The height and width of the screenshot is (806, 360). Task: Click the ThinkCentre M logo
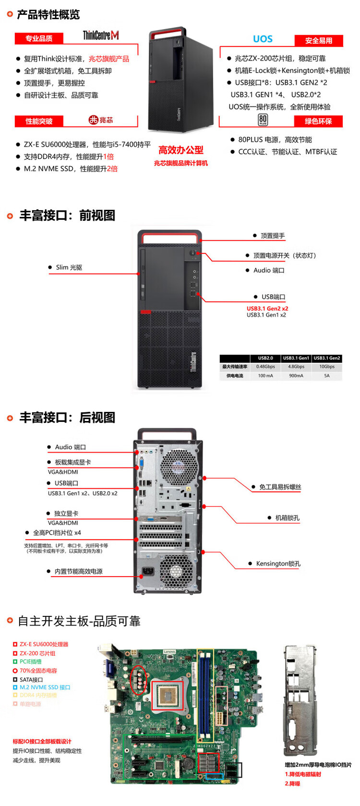coord(101,35)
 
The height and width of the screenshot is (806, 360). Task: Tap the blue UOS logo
coord(263,39)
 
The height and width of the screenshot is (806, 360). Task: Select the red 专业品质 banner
coord(39,38)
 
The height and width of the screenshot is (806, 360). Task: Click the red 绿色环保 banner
coord(318,121)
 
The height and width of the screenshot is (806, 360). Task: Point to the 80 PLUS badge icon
coord(263,120)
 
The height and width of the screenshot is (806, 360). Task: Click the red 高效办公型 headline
coord(181,150)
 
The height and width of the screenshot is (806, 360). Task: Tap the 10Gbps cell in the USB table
coord(327,367)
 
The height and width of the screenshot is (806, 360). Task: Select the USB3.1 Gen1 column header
coord(296,358)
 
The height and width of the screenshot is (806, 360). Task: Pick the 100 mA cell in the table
coord(265,376)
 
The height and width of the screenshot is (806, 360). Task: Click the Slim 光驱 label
coord(69,267)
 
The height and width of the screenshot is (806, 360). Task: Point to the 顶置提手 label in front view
coord(272,236)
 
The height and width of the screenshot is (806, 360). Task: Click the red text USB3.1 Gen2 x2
coord(267,309)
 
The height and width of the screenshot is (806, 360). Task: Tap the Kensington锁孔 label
coord(278,564)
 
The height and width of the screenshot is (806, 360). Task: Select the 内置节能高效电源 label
coord(78,571)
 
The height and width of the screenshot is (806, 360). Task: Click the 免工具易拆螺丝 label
coord(280,487)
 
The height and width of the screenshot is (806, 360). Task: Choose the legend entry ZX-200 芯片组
coord(37,653)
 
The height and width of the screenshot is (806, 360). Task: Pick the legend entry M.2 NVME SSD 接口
coord(45,687)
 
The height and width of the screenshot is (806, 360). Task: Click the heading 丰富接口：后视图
coord(67,418)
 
